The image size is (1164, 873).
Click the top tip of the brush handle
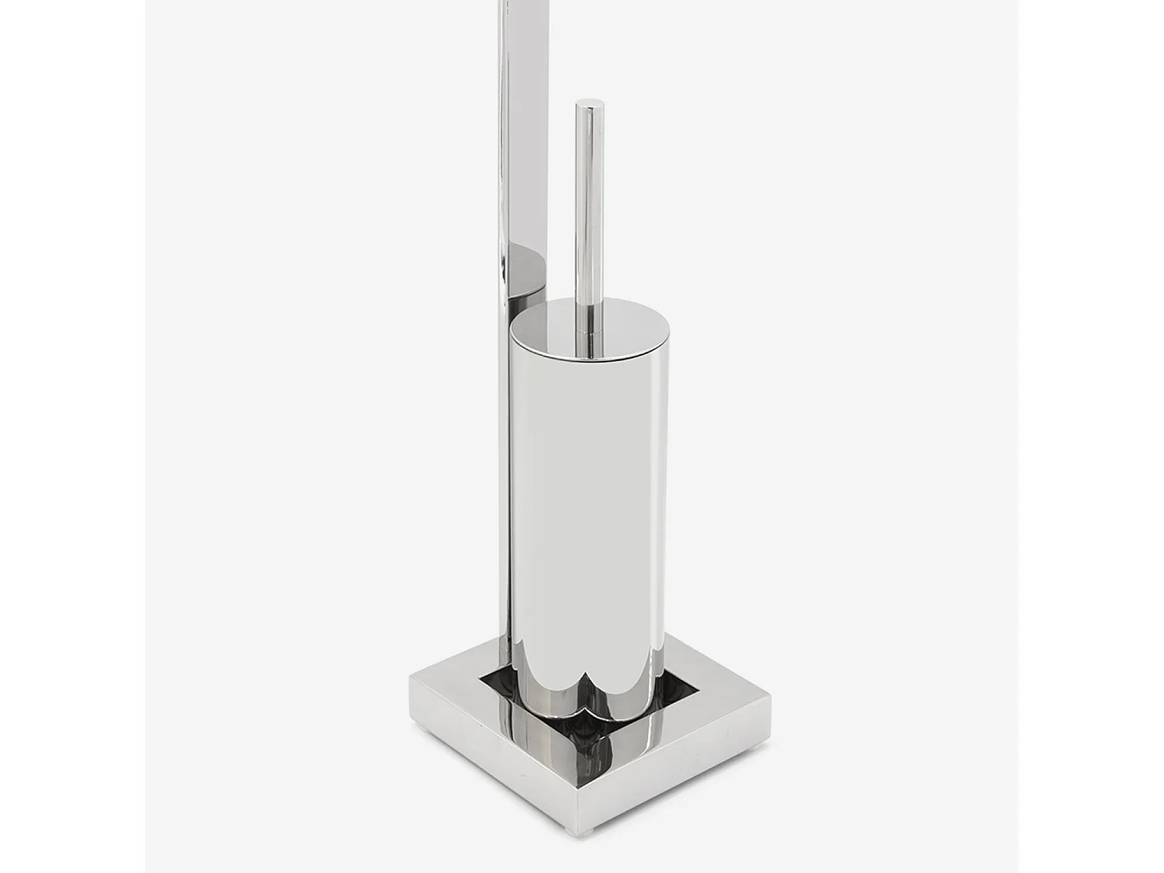click(589, 103)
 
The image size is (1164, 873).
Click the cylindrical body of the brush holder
click(587, 504)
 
